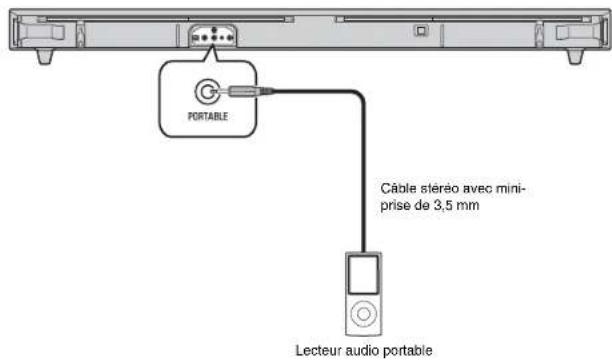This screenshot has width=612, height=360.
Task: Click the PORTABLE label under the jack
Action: point(208,116)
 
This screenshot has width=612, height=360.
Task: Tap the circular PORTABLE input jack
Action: point(205,92)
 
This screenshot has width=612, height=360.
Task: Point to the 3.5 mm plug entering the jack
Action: point(242,91)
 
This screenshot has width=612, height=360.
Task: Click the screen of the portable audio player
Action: point(363,274)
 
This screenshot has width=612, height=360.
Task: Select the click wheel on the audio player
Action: point(363,314)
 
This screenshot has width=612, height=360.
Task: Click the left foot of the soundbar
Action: point(44,56)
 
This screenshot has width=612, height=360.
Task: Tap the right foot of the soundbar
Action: point(575,56)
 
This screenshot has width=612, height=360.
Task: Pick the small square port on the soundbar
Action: point(421,30)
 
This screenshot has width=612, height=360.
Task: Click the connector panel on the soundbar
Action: point(213,36)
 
